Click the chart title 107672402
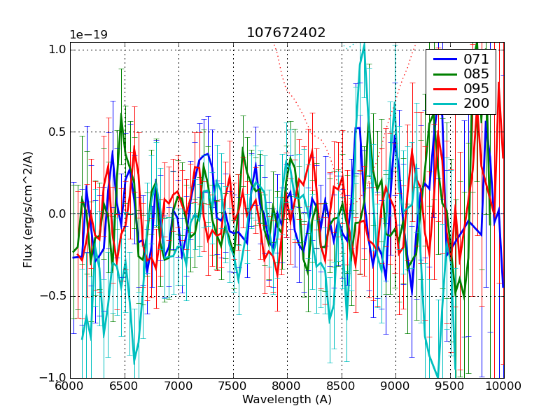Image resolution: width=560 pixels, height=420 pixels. [286, 33]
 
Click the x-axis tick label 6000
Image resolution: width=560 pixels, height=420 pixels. [70, 386]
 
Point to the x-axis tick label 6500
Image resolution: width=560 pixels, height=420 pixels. [125, 386]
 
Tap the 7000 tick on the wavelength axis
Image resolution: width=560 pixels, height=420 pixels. [178, 386]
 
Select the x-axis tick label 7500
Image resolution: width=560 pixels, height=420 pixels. [233, 386]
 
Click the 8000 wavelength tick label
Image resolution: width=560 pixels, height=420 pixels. [287, 386]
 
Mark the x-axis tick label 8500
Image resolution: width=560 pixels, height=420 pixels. [342, 386]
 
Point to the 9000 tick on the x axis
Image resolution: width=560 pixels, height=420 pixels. [395, 386]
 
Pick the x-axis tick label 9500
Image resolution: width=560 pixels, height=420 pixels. [450, 386]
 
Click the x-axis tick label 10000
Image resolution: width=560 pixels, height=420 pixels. [502, 386]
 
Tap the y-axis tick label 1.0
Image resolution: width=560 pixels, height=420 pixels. [57, 50]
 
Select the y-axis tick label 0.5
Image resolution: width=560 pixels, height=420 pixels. [57, 132]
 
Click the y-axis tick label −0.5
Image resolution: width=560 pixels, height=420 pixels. [54, 296]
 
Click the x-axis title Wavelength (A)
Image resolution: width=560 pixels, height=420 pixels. [287, 400]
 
